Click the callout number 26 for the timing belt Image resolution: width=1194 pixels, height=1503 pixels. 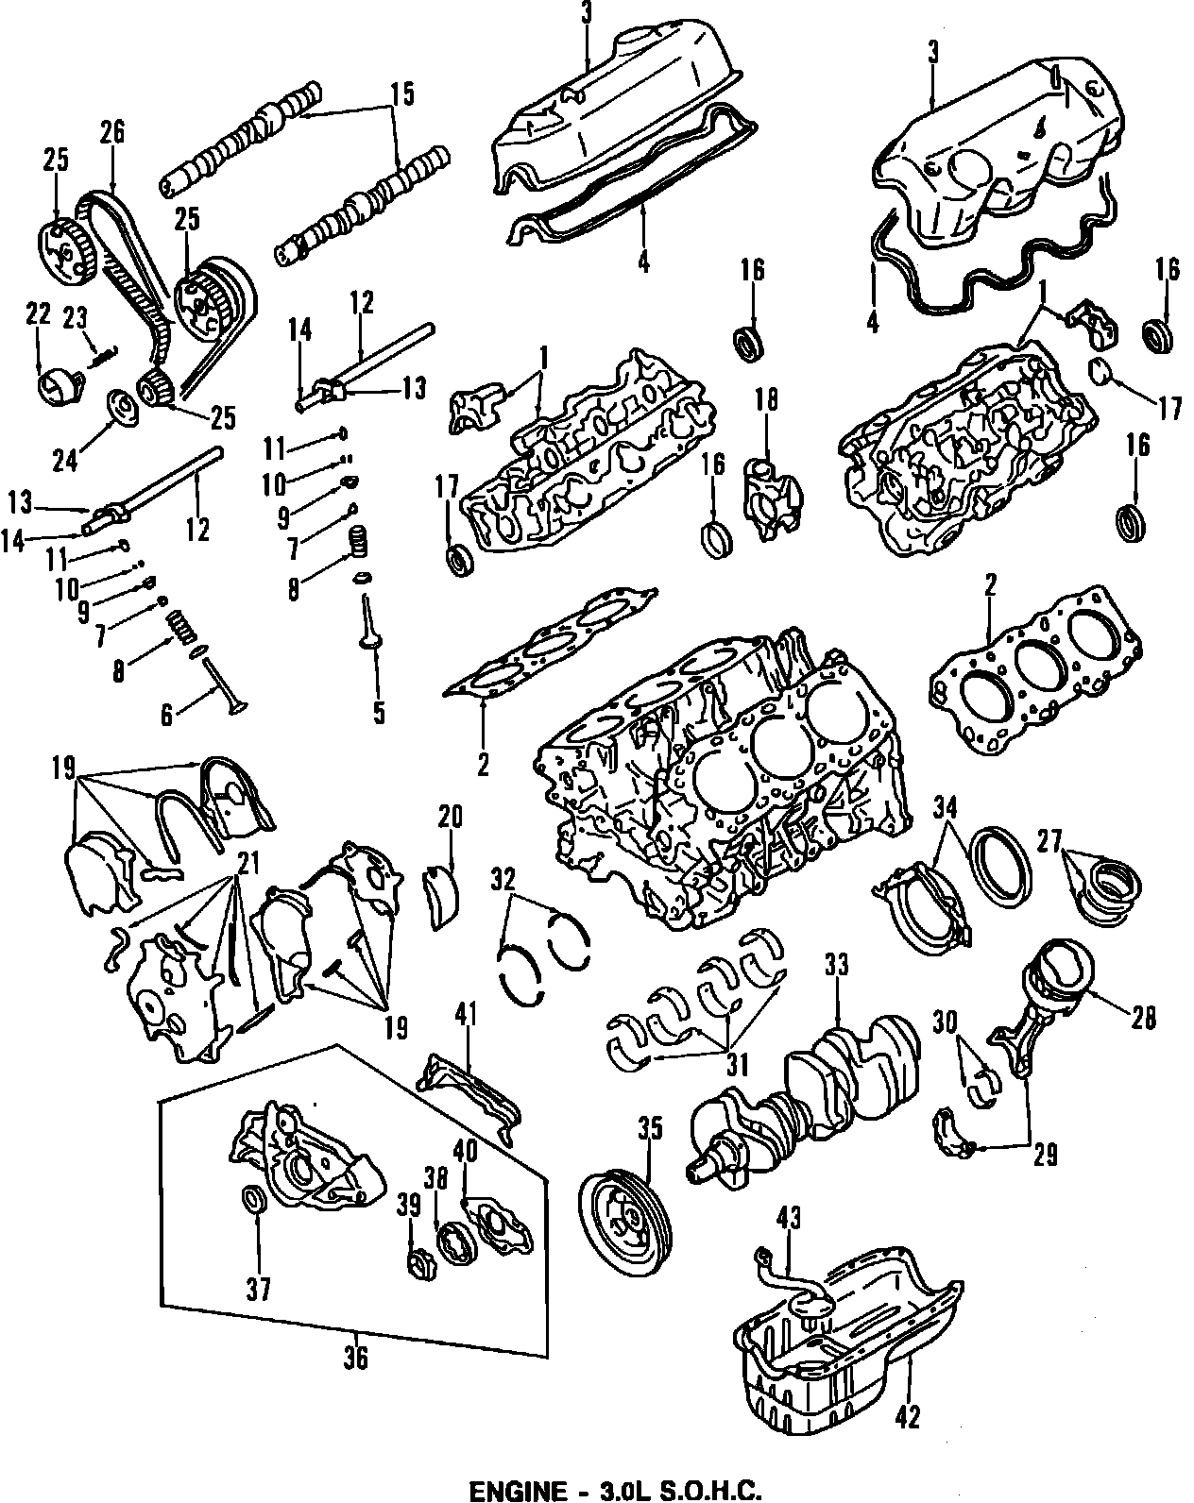[x=112, y=131]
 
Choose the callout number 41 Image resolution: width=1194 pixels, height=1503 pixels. [x=468, y=1015]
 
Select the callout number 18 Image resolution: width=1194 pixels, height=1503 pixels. [x=766, y=400]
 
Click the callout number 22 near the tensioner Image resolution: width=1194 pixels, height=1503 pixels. [x=38, y=315]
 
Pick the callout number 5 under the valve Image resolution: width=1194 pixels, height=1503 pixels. [x=379, y=713]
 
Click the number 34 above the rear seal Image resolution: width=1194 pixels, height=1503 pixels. [x=946, y=808]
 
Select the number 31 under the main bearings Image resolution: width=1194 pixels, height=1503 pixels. [x=737, y=1064]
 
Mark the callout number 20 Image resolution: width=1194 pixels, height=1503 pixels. [x=450, y=817]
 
